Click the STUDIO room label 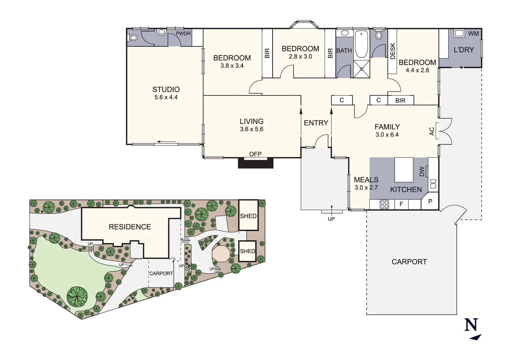pyautogui.click(x=166, y=90)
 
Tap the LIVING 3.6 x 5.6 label pyautogui.click(x=252, y=125)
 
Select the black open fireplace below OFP pyautogui.click(x=255, y=163)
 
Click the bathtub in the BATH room pyautogui.click(x=361, y=44)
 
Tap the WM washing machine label pyautogui.click(x=473, y=34)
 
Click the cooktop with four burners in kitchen pyautogui.click(x=384, y=204)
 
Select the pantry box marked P pyautogui.click(x=430, y=202)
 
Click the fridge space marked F pyautogui.click(x=401, y=204)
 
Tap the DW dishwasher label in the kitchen pyautogui.click(x=422, y=171)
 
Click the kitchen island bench pyautogui.click(x=404, y=170)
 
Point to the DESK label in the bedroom pyautogui.click(x=392, y=51)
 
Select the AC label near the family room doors pyautogui.click(x=432, y=131)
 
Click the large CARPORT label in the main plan pyautogui.click(x=409, y=262)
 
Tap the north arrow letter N pyautogui.click(x=471, y=325)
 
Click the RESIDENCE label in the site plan pyautogui.click(x=130, y=227)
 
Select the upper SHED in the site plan pyautogui.click(x=248, y=216)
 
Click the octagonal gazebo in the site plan pyautogui.click(x=221, y=254)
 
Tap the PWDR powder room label pyautogui.click(x=183, y=34)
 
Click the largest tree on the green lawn pyautogui.click(x=77, y=296)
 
